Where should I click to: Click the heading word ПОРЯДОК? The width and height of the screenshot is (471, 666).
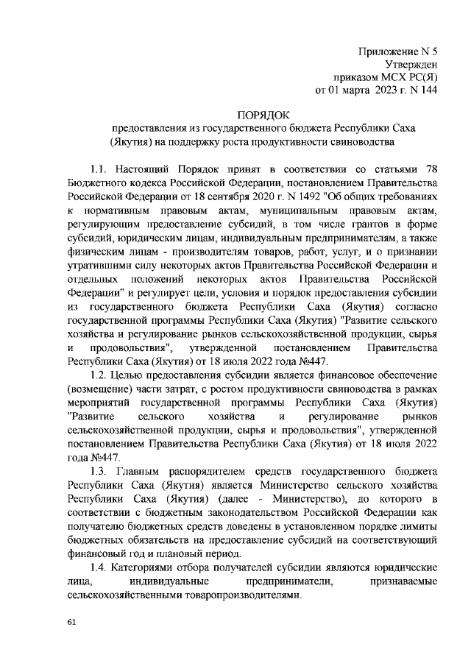click(263, 115)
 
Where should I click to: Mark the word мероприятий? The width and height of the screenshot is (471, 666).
click(98, 403)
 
